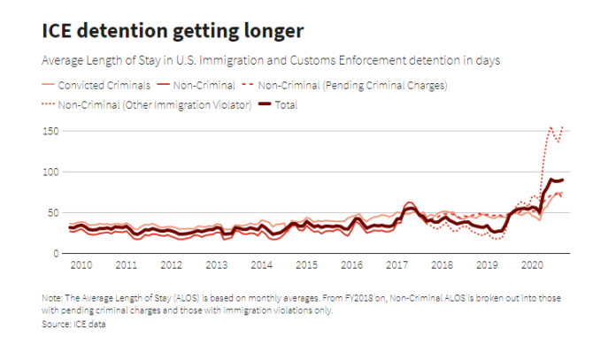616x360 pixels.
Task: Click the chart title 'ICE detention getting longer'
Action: [173, 31]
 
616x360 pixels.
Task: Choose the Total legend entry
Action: [286, 105]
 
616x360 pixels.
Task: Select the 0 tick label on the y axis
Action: [55, 253]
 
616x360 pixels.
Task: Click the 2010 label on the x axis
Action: [81, 265]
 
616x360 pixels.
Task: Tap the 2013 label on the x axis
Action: [216, 265]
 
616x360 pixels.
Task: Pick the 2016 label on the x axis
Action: [351, 265]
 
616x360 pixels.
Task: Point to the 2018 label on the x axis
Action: [442, 265]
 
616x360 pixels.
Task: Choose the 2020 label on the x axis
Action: [532, 265]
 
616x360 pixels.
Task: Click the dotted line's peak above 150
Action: [551, 126]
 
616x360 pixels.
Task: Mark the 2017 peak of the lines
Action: [409, 204]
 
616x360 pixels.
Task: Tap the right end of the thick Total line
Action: [563, 180]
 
